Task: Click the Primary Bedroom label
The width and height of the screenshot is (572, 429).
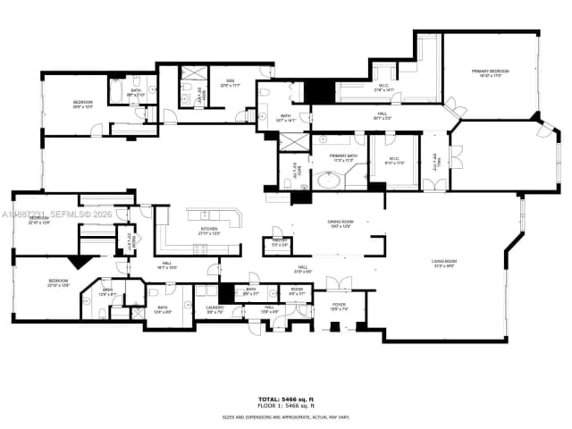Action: pos(491,72)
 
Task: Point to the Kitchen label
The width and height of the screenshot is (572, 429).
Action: pos(209,231)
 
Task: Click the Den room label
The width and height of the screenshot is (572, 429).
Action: pos(229,83)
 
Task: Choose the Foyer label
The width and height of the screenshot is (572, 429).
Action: pos(339,307)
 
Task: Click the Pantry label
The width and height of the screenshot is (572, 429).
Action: pos(279,242)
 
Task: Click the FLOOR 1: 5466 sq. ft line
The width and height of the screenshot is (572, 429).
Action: pos(286,406)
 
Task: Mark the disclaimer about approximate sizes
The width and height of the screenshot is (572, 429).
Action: pos(286,416)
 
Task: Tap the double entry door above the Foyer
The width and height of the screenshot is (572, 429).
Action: pos(339,285)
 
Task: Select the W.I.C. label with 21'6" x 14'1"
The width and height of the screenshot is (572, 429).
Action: pos(383,88)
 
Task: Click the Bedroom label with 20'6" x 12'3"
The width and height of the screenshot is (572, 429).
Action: pos(82,104)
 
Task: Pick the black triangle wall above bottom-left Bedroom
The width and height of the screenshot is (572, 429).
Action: pos(80,261)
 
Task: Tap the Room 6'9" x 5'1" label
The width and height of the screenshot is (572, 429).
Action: pos(296,290)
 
